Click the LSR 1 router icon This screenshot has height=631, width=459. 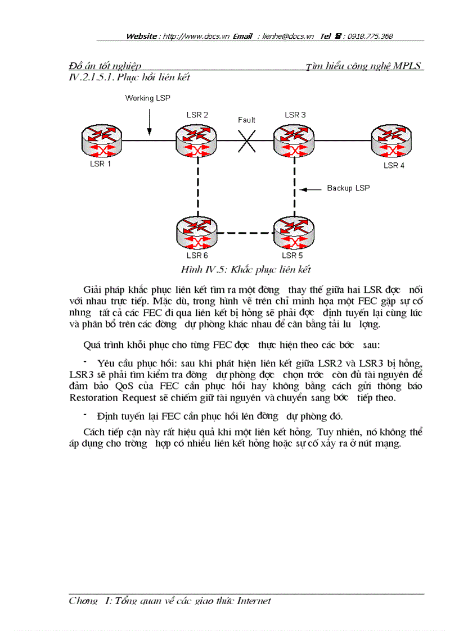[101, 140]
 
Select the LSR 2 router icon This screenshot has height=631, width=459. [196, 140]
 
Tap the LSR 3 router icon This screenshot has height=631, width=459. [294, 140]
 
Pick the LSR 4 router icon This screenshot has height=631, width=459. [391, 140]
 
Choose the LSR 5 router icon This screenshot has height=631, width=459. [294, 233]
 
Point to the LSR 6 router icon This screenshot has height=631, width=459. [196, 233]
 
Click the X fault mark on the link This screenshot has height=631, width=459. [246, 141]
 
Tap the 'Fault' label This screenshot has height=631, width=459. [246, 120]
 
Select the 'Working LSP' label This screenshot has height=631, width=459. [147, 98]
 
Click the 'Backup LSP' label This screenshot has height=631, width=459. [348, 188]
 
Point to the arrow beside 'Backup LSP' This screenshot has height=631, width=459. [310, 189]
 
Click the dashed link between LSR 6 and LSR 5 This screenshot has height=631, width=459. [245, 233]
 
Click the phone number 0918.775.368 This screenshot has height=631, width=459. [370, 36]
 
